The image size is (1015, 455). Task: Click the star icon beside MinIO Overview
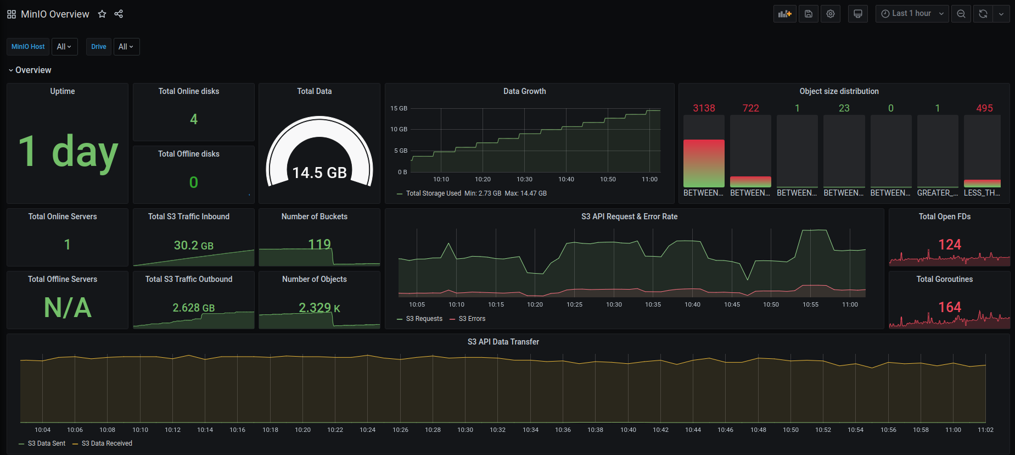[x=102, y=14]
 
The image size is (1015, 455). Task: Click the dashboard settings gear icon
[x=831, y=14]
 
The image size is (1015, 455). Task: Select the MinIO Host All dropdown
[x=64, y=47]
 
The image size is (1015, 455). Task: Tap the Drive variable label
[x=99, y=47]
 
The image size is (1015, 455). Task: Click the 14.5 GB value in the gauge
[x=319, y=173]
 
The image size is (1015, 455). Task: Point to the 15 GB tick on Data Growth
[x=399, y=108]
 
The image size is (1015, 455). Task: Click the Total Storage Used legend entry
[x=433, y=193]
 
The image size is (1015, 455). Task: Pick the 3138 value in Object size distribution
[x=704, y=108]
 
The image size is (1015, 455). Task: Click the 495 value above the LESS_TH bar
[x=984, y=108]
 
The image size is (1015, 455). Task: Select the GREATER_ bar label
[x=937, y=193]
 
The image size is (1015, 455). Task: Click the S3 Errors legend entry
[x=472, y=319]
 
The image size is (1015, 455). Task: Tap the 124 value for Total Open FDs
[x=950, y=245]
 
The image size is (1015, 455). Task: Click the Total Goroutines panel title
[x=944, y=279]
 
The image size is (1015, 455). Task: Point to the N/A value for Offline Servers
[x=68, y=307]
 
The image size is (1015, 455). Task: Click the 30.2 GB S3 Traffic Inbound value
[x=193, y=245]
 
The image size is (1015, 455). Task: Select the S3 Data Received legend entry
[x=106, y=443]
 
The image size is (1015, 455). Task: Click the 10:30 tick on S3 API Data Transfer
[x=465, y=430]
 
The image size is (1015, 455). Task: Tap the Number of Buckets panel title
[x=314, y=217]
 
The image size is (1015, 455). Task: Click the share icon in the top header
[x=119, y=14]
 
